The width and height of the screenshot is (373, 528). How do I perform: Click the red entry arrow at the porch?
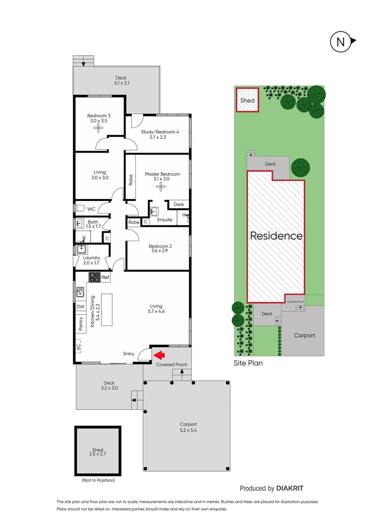pos(160,355)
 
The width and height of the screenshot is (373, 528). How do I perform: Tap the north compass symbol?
pos(341,42)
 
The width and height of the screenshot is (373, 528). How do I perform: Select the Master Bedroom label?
pos(162,174)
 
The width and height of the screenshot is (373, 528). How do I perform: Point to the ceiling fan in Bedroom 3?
pos(99,128)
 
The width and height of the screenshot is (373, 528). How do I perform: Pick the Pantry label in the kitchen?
pos(81,325)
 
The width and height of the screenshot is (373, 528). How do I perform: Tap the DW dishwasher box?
pos(80,307)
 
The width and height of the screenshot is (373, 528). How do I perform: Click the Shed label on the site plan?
pos(247,101)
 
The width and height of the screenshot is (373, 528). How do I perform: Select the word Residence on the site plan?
pos(276,236)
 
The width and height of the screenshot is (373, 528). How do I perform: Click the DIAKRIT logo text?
pos(293,488)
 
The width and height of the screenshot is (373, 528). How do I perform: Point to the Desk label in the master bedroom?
pos(179,204)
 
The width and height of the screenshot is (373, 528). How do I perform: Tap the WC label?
pos(91,209)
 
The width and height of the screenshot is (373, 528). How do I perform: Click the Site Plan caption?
pos(248,363)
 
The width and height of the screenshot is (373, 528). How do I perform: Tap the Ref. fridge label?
pos(105,277)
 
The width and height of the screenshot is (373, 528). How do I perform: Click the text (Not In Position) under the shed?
pos(98,480)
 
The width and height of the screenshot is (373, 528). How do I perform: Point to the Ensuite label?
pos(165,220)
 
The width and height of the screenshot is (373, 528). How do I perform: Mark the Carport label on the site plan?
pos(304,335)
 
